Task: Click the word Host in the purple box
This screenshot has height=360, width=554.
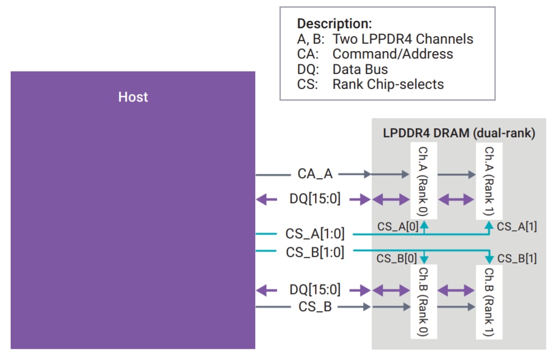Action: pos(133,97)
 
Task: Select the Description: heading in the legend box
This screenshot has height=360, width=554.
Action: pos(334,24)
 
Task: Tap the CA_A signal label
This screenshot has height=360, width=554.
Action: pos(315,173)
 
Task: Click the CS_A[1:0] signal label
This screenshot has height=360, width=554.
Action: pos(315,233)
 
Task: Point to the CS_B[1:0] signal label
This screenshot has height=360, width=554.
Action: pos(315,252)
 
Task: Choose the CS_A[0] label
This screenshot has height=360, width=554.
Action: pos(398,227)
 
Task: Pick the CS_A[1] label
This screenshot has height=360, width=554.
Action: pos(517,227)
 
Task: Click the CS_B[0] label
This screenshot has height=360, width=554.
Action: pos(397,258)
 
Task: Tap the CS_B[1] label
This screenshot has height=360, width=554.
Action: pos(517,258)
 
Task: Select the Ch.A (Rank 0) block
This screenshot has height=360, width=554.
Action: pos(424,180)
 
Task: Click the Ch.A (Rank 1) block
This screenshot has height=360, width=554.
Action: pos(489,180)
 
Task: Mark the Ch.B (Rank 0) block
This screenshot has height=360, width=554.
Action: pos(424,302)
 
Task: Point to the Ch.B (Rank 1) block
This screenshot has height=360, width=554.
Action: pos(489,302)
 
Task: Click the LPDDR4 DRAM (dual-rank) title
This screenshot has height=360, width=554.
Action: pos(459,133)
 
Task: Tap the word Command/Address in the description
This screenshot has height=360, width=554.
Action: pos(392,54)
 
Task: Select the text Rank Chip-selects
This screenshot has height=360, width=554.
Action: pos(388,85)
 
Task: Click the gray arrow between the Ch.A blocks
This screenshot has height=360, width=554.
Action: pos(457,174)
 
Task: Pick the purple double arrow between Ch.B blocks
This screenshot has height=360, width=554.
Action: pos(456,291)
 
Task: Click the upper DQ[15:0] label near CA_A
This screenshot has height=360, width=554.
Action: pos(315,198)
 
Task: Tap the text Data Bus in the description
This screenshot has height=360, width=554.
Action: pos(360,69)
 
